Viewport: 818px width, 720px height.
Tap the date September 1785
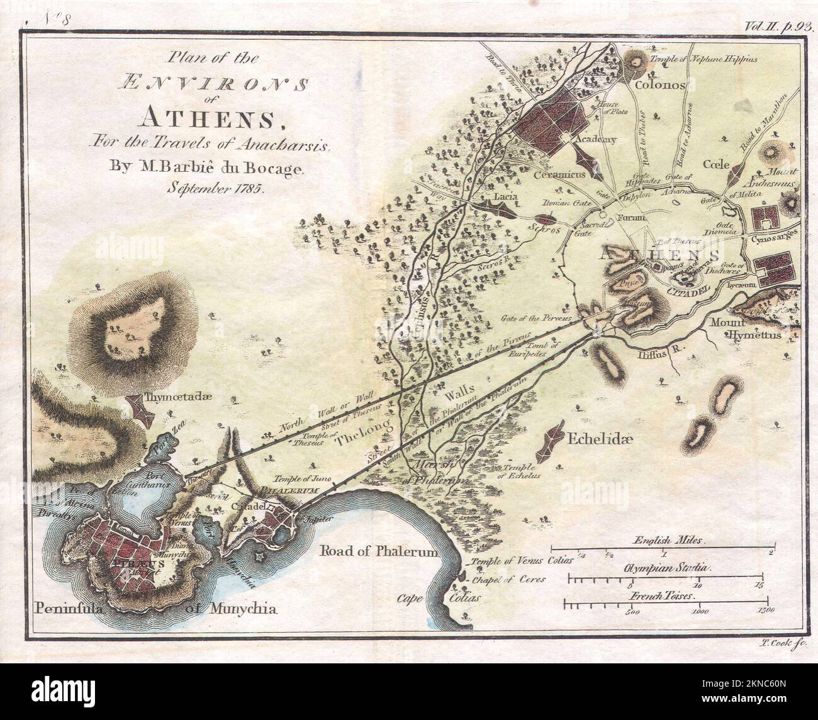point(216,187)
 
